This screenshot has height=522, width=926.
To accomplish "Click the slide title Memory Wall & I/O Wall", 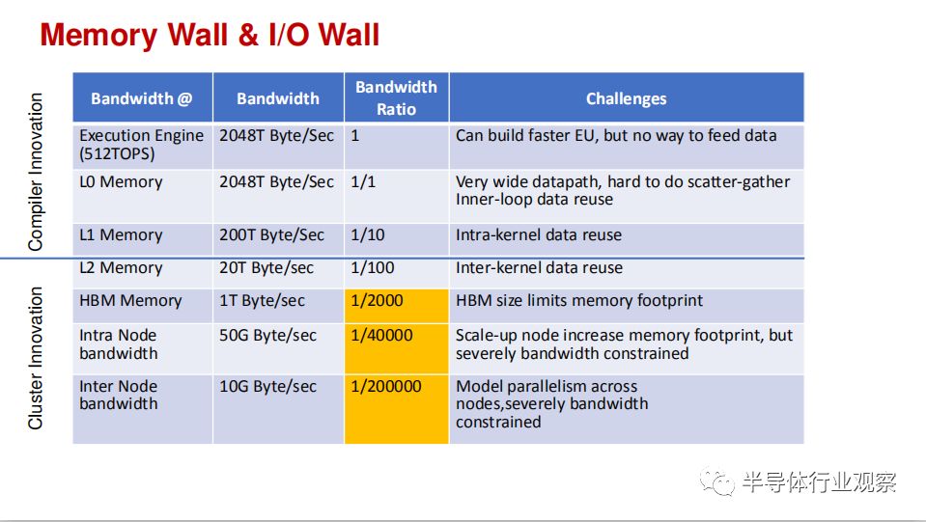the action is point(210,35).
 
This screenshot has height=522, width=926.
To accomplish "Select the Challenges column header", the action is point(626,97).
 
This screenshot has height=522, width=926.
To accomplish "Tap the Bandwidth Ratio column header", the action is point(396,97).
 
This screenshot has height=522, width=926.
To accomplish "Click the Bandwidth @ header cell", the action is point(142,97).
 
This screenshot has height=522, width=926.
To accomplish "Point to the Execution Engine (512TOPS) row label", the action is point(142,145).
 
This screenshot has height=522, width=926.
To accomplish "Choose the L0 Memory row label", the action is point(121,181).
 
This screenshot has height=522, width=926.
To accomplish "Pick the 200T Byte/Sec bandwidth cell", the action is point(271,234).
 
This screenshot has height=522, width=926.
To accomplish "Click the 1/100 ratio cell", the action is point(372,268).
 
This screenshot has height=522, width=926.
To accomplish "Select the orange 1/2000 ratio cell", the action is point(396,306).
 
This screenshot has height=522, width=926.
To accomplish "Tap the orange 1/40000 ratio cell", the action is point(396,348).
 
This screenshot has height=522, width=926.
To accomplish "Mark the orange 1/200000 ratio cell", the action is point(396,409).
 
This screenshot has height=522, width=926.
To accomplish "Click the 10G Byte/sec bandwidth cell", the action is point(268,386).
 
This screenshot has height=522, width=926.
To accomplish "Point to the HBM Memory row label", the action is point(130,301).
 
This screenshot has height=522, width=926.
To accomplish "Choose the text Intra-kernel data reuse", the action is point(539,234).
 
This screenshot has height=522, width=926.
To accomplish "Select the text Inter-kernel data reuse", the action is point(539,268).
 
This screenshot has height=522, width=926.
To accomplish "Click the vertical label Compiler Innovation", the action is point(36,172).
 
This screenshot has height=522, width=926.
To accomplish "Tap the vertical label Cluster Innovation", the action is point(36,358).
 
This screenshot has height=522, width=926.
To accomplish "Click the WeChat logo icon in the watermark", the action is point(716,481).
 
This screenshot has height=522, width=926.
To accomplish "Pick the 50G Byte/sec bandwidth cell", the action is point(268,335).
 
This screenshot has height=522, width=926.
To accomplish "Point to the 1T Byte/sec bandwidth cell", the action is point(263,301).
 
